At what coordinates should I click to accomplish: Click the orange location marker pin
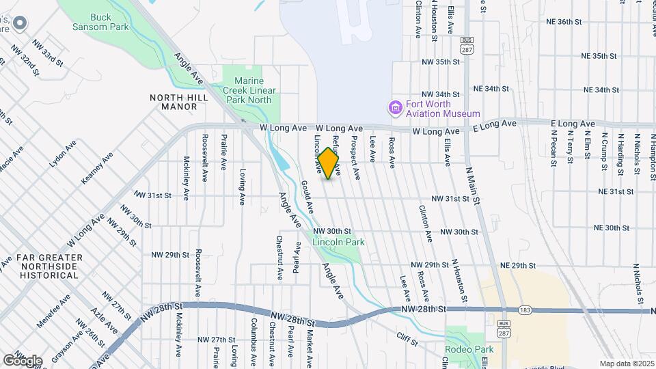(x=329, y=163)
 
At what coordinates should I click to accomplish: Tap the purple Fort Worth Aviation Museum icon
(x=394, y=107)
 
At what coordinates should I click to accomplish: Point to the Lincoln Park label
(x=338, y=242)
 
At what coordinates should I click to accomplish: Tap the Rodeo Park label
(x=469, y=349)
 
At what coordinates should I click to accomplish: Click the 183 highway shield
(x=525, y=309)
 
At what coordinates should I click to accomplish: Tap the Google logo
(x=23, y=360)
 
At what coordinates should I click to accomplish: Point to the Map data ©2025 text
(x=625, y=364)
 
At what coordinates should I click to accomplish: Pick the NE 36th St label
(x=564, y=21)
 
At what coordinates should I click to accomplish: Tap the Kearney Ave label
(x=97, y=170)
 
